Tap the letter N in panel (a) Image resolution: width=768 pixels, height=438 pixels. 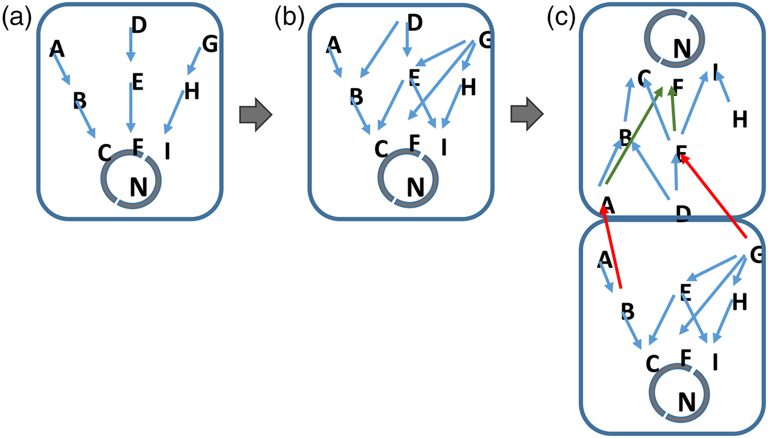138,188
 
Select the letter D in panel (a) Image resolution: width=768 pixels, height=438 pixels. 139,25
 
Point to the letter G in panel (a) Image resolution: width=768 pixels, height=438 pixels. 210,44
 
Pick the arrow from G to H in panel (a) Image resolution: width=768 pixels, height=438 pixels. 194,61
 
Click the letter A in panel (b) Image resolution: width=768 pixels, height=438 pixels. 334,45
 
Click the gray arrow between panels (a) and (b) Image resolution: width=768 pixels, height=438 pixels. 256,116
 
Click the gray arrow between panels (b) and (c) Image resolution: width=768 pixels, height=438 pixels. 527,116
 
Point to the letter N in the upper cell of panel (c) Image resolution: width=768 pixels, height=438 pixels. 681,49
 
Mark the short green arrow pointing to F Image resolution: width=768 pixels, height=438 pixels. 672,110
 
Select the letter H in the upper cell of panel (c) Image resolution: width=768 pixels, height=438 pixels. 740,119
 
